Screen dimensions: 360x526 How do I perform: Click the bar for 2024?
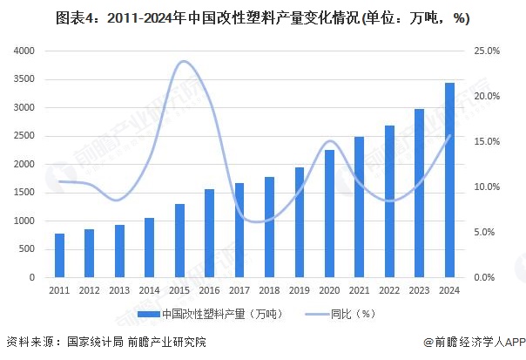[449, 180]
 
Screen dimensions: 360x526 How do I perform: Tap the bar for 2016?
[209, 233]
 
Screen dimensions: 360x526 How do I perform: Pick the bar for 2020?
[329, 214]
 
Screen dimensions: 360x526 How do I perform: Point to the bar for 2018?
[269, 227]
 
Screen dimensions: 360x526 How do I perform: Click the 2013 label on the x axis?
[119, 290]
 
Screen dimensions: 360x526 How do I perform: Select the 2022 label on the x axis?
[389, 290]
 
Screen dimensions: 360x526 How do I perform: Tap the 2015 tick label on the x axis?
[179, 290]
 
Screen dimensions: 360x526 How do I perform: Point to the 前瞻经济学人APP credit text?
[476, 342]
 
